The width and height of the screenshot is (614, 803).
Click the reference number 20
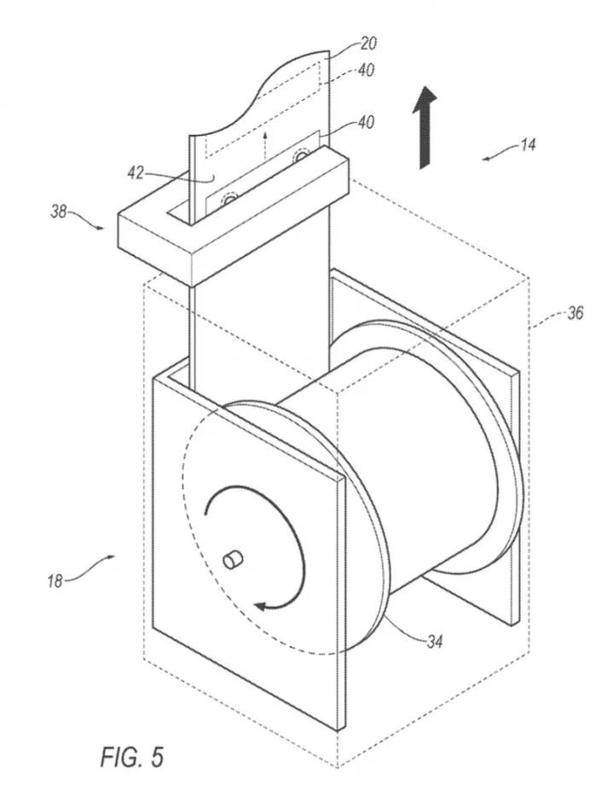point(368,44)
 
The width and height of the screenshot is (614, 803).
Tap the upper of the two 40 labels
point(365,70)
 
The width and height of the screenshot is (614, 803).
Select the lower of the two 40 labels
point(365,123)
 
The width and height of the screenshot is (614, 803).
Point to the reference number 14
point(528,145)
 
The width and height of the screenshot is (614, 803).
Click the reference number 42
point(135,173)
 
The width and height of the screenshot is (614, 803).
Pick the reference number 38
point(58,212)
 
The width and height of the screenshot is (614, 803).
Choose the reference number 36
point(575,313)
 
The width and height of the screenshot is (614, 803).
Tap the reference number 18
point(55,581)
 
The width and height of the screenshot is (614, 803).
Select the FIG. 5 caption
point(132,757)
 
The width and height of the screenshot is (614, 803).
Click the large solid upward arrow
point(426,127)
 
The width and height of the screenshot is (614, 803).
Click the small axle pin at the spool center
point(232,560)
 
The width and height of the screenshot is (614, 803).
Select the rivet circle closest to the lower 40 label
point(300,154)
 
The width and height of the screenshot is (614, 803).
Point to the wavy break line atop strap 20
point(258,94)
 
